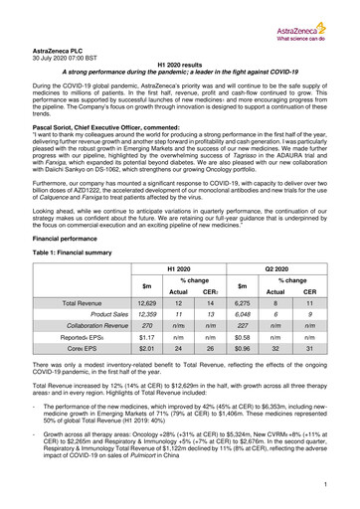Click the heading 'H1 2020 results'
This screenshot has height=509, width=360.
[x=179, y=62]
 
